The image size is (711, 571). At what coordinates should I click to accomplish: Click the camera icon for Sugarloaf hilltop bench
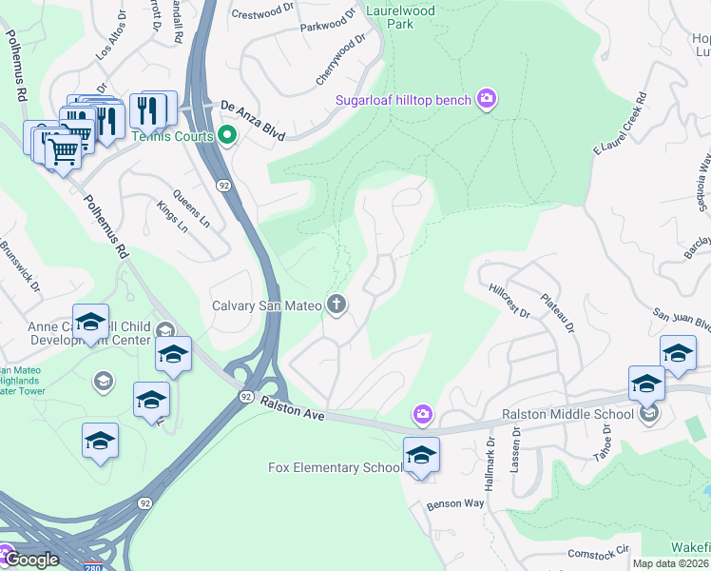[488, 100]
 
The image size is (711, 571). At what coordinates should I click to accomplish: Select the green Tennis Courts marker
[227, 134]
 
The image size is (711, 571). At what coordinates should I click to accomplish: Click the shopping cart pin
[64, 151]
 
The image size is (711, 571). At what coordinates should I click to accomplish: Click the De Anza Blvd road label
[254, 108]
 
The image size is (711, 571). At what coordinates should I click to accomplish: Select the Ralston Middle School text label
[567, 414]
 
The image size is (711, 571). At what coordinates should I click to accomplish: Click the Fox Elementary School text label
[335, 467]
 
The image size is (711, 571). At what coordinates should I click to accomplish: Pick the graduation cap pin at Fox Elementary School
[421, 454]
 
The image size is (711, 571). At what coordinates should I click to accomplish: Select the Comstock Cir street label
[599, 551]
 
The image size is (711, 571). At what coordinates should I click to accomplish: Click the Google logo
[31, 560]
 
